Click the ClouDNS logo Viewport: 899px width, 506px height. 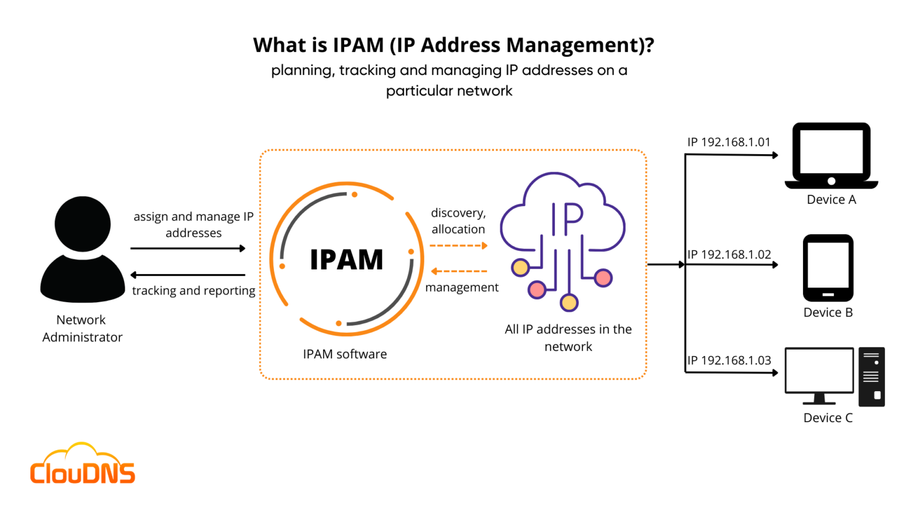83,464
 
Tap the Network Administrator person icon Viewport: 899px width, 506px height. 83,249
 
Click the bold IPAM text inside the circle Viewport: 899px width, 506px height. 346,259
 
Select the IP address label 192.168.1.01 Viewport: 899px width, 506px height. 729,142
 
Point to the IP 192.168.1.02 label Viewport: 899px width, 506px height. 729,255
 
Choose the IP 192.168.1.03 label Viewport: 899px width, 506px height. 729,361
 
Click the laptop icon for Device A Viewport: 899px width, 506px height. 831,156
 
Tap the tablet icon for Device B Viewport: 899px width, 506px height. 828,268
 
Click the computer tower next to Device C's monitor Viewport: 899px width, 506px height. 871,377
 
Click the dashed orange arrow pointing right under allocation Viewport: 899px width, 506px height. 458,246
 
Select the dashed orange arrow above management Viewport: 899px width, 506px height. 459,271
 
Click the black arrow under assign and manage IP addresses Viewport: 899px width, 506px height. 187,248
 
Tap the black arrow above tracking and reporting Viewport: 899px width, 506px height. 187,275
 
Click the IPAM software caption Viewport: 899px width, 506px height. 345,354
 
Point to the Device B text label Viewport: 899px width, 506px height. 828,313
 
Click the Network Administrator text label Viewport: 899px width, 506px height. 82,329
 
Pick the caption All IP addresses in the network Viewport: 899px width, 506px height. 568,338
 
